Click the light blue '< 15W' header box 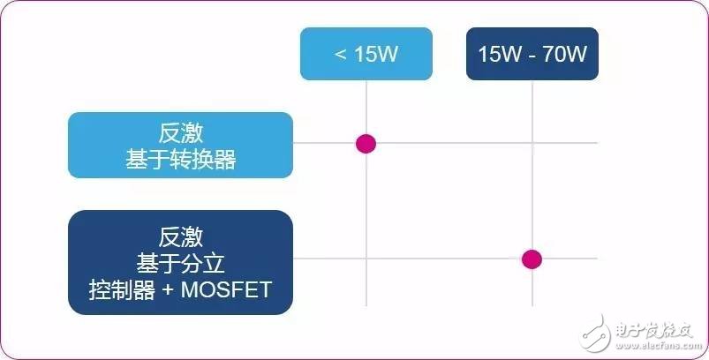[x=366, y=54]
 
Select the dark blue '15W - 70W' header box [x=532, y=54]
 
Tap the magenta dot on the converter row [x=366, y=144]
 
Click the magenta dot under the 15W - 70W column [x=532, y=259]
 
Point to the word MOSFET [x=226, y=289]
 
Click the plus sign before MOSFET [x=167, y=290]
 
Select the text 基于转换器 [x=181, y=160]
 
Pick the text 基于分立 [x=181, y=263]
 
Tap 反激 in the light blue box [x=181, y=133]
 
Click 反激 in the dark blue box [x=181, y=237]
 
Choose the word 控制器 [x=122, y=289]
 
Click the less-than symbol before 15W [x=341, y=55]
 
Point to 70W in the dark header [x=565, y=54]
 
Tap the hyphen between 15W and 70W [x=532, y=56]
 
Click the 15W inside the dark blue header [x=500, y=54]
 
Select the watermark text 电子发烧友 [x=654, y=330]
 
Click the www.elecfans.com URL [x=656, y=346]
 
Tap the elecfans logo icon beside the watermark [x=597, y=333]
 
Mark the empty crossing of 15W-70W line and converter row [x=532, y=143]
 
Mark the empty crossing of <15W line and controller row [x=366, y=259]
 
